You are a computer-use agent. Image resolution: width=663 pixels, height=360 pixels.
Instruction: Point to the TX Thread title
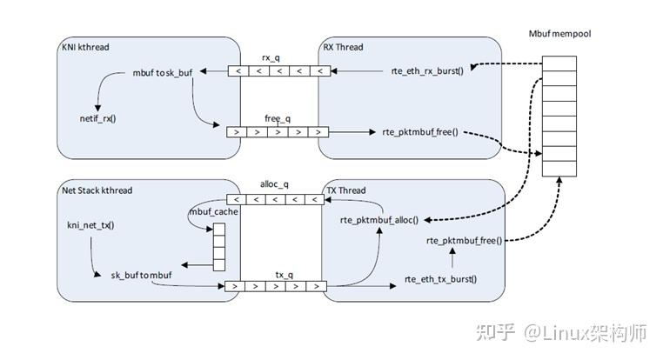[346, 190]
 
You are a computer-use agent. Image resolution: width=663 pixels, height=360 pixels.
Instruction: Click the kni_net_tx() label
[90, 225]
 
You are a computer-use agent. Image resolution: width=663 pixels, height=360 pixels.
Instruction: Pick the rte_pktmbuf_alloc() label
[379, 220]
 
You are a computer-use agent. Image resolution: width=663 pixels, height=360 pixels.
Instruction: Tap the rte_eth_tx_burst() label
[441, 280]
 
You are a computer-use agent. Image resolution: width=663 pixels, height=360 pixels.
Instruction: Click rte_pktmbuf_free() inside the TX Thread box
[464, 240]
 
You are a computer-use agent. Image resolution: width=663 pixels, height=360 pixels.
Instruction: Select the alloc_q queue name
[275, 185]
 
